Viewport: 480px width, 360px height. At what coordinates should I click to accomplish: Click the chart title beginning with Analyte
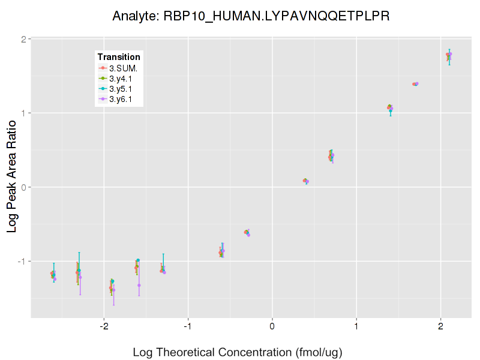click(x=251, y=16)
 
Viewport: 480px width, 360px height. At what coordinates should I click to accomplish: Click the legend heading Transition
click(x=119, y=57)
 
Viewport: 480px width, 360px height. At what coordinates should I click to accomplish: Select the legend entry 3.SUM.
click(x=122, y=68)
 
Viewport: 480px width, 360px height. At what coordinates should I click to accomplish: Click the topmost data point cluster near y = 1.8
click(x=449, y=55)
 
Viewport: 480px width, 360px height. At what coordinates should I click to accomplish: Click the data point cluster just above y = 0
click(x=305, y=181)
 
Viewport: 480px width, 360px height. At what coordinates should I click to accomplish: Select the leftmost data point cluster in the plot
click(x=53, y=275)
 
